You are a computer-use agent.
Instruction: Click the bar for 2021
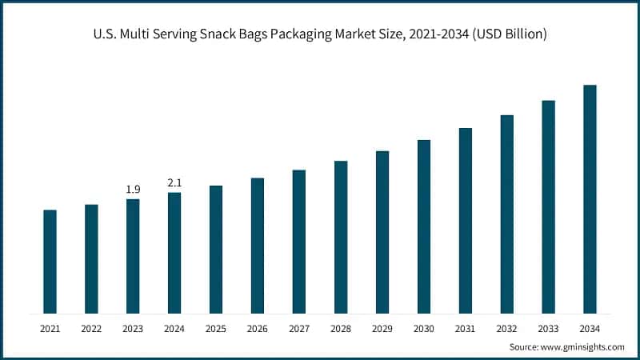click(x=50, y=262)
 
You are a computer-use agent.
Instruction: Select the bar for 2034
click(x=590, y=199)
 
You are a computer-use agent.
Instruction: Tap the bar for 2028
click(x=341, y=237)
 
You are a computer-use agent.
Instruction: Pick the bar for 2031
click(x=465, y=220)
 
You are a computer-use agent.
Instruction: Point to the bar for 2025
click(x=216, y=250)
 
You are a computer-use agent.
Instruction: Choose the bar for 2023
click(x=133, y=256)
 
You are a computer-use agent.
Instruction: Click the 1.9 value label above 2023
click(x=133, y=190)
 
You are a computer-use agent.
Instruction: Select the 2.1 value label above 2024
click(x=174, y=183)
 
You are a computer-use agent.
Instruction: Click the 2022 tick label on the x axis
click(x=91, y=328)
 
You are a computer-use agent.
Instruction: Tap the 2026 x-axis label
click(x=258, y=328)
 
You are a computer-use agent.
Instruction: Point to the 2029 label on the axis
click(x=382, y=328)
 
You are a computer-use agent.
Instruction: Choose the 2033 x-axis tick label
click(x=548, y=328)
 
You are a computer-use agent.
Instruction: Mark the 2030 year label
click(x=424, y=328)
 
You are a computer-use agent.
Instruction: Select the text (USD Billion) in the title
click(x=506, y=34)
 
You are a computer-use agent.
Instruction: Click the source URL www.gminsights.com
click(x=582, y=347)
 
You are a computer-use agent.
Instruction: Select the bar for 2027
click(x=299, y=242)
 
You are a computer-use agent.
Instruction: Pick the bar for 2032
click(x=506, y=214)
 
